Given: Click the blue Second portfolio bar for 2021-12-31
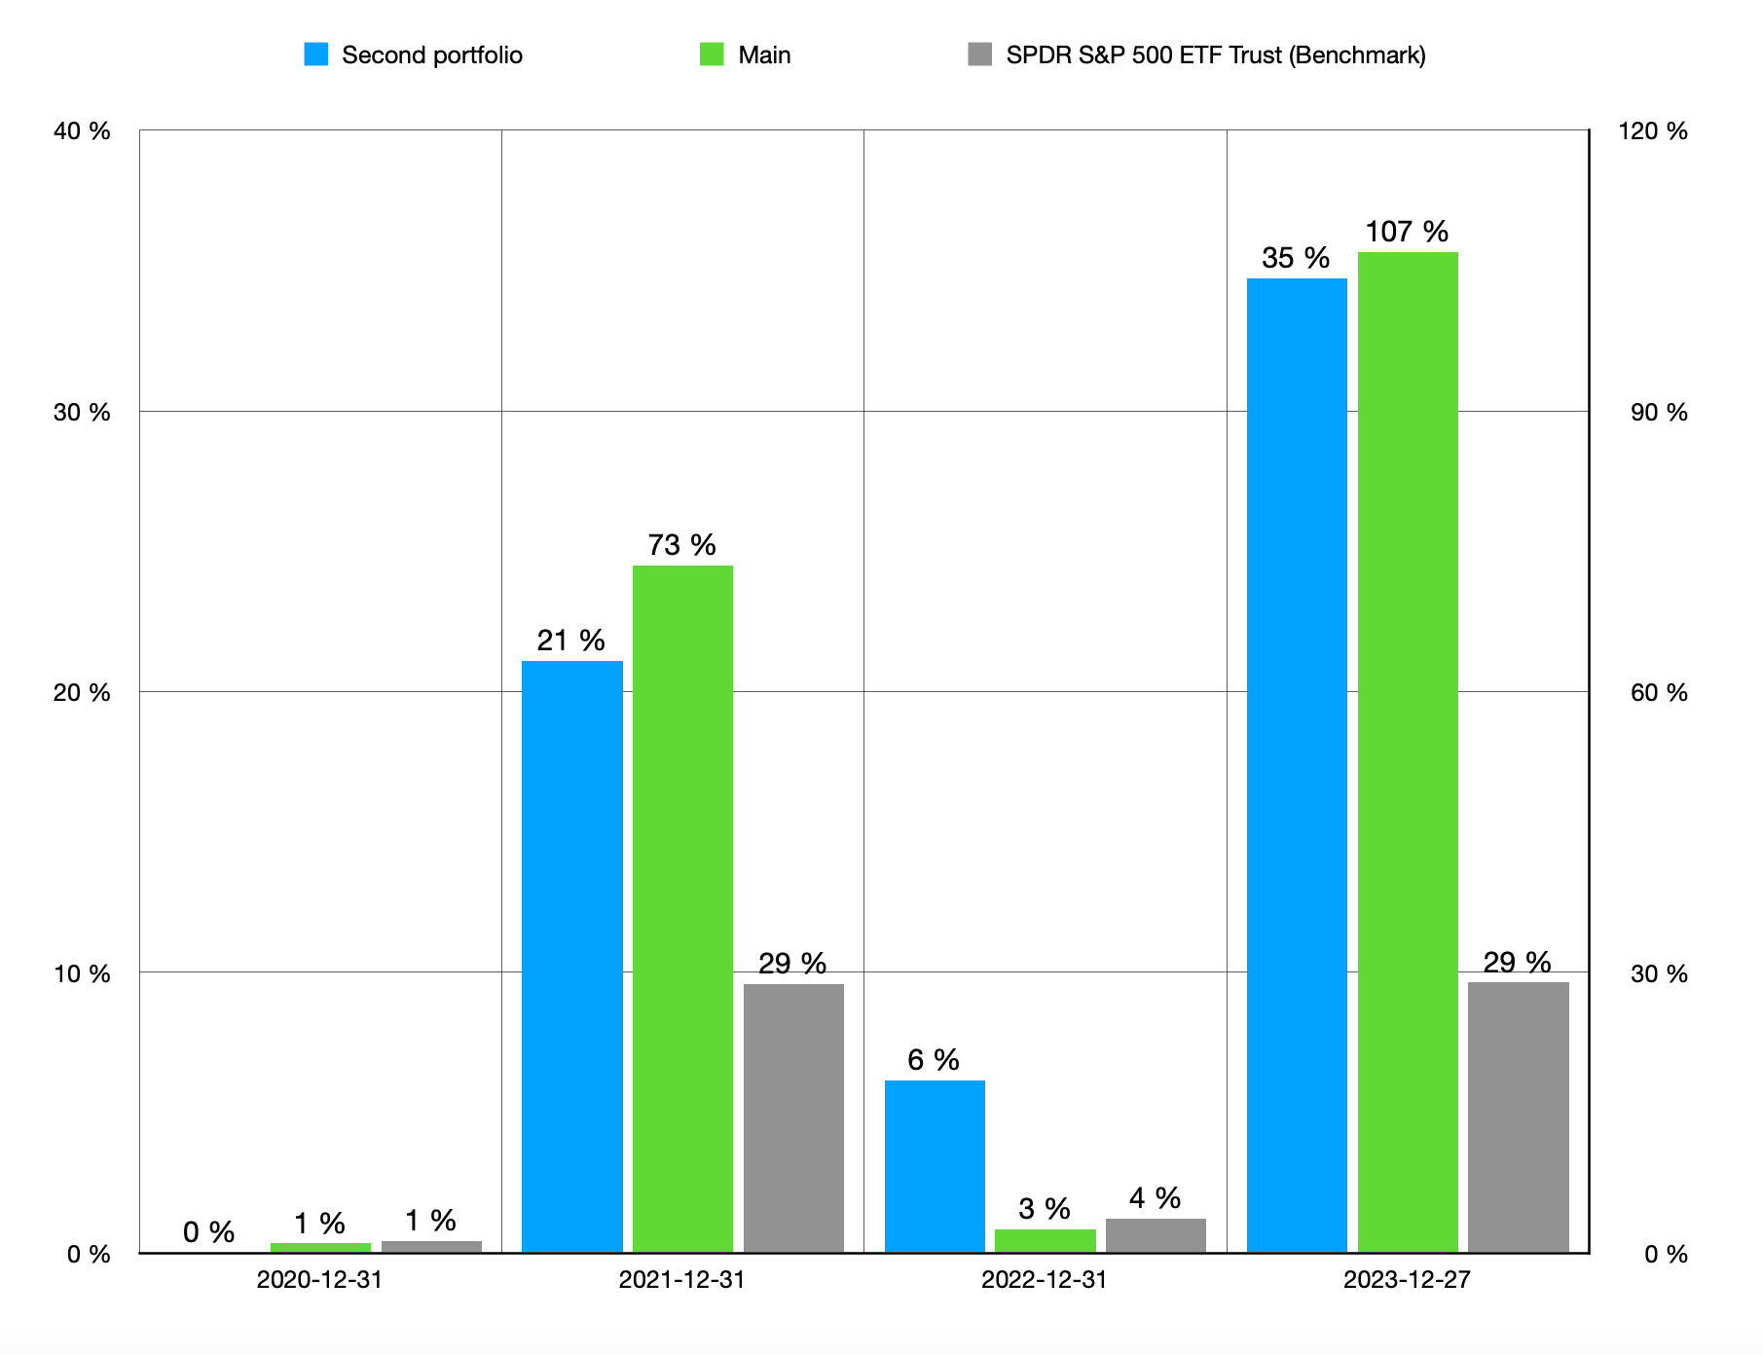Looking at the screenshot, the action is [572, 957].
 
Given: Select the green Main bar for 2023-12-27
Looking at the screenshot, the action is [1408, 752].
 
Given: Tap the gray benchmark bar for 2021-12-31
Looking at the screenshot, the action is [793, 1118].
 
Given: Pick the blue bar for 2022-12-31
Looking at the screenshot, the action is [935, 1167].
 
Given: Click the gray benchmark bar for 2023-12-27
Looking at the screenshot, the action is [1519, 1117].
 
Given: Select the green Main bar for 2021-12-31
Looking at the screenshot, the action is [682, 909].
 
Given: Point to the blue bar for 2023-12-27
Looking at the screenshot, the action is [1297, 766].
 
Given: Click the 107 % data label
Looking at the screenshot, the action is [1407, 232].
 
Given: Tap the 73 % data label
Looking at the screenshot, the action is [682, 545].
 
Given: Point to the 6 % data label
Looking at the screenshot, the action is [934, 1060].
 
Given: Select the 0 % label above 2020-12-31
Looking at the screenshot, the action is [208, 1232].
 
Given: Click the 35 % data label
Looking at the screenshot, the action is [1296, 258].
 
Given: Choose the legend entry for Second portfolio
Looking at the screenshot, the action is [414, 55].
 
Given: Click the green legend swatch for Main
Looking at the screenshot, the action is [712, 55].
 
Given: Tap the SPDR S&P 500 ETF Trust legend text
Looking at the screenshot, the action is [1216, 55].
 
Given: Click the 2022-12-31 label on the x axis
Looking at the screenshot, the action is [1045, 1279].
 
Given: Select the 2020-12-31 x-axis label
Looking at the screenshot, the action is [319, 1279].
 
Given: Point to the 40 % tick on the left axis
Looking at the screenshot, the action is [82, 131].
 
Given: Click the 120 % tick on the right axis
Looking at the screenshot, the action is [1653, 131].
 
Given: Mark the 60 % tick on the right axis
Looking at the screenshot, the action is [1659, 692].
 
